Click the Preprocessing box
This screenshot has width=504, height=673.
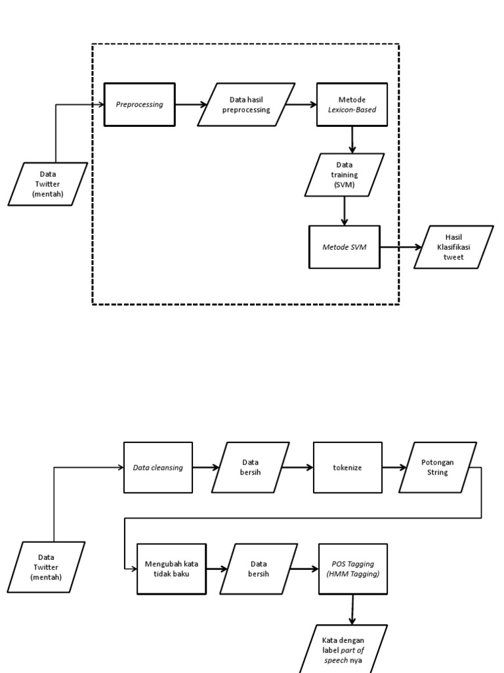140,104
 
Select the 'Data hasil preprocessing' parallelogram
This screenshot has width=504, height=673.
246,104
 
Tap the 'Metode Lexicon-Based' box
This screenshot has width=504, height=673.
352,104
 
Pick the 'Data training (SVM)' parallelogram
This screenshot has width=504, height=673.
345,175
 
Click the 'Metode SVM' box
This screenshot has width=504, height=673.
344,247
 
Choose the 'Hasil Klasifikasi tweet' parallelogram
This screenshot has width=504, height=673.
453,247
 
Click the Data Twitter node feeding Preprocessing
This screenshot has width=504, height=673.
48,184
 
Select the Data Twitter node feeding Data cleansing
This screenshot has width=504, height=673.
46,567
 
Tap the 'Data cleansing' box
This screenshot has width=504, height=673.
158,467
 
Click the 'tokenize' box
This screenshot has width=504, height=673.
347,467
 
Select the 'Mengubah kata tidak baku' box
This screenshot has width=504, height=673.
172,569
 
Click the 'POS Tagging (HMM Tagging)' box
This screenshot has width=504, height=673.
353,569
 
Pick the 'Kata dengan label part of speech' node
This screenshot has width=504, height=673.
343,649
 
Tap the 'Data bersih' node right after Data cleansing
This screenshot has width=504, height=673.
250,467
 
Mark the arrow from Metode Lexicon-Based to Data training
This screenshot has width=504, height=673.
352,139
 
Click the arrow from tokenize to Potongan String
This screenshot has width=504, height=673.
393,467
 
